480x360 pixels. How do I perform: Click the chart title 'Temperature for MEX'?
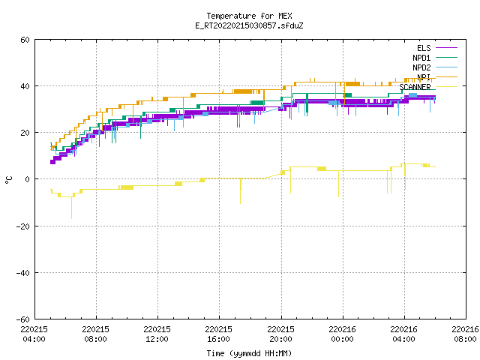click(x=249, y=16)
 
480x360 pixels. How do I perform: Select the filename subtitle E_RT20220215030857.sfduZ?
click(x=249, y=25)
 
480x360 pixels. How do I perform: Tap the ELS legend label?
click(x=424, y=48)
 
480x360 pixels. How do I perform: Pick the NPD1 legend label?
click(x=421, y=58)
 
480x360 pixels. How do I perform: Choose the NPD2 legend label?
click(x=421, y=67)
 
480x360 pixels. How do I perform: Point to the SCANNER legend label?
click(x=415, y=87)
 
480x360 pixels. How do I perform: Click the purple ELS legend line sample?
click(x=446, y=48)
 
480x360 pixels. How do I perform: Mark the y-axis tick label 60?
click(x=25, y=40)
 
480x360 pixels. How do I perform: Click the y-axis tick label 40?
click(x=25, y=86)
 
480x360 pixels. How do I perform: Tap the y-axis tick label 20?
click(x=25, y=133)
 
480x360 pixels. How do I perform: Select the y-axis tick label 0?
click(x=28, y=179)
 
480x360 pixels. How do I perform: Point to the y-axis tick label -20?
click(x=23, y=226)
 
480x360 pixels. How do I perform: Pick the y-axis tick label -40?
click(x=23, y=273)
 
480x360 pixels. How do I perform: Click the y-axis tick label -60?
click(x=23, y=319)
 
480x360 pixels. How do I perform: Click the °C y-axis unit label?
click(x=8, y=180)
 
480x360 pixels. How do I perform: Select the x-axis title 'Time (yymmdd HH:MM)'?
click(x=249, y=353)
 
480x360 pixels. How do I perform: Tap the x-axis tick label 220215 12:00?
click(x=157, y=334)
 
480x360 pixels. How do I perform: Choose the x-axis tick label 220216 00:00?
click(x=342, y=334)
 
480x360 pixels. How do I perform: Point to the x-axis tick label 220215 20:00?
click(x=280, y=334)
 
